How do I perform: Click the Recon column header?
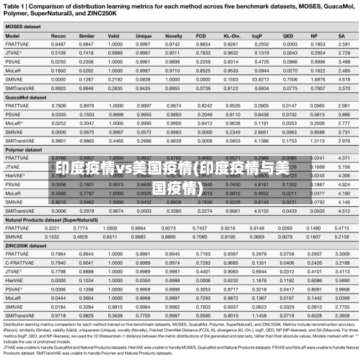click(x=59, y=34)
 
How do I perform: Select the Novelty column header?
click(x=173, y=34)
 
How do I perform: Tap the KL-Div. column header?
click(x=232, y=34)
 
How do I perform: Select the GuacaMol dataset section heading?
click(x=25, y=96)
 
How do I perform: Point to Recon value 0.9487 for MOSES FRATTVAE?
click(x=59, y=43)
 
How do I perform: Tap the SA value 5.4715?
click(x=344, y=227)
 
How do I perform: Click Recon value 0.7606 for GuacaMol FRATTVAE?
click(x=59, y=105)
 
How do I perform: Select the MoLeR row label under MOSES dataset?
click(x=13, y=70)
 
